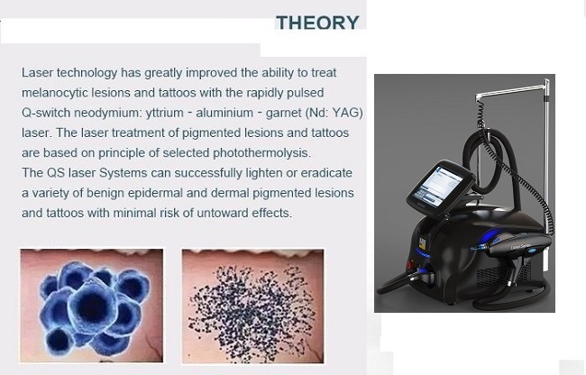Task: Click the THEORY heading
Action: [317, 23]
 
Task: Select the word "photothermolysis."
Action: [261, 153]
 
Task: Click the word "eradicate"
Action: [326, 173]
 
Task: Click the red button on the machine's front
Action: [410, 266]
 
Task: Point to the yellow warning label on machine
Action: [423, 242]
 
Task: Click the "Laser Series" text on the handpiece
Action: [519, 246]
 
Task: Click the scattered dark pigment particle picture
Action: [253, 306]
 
